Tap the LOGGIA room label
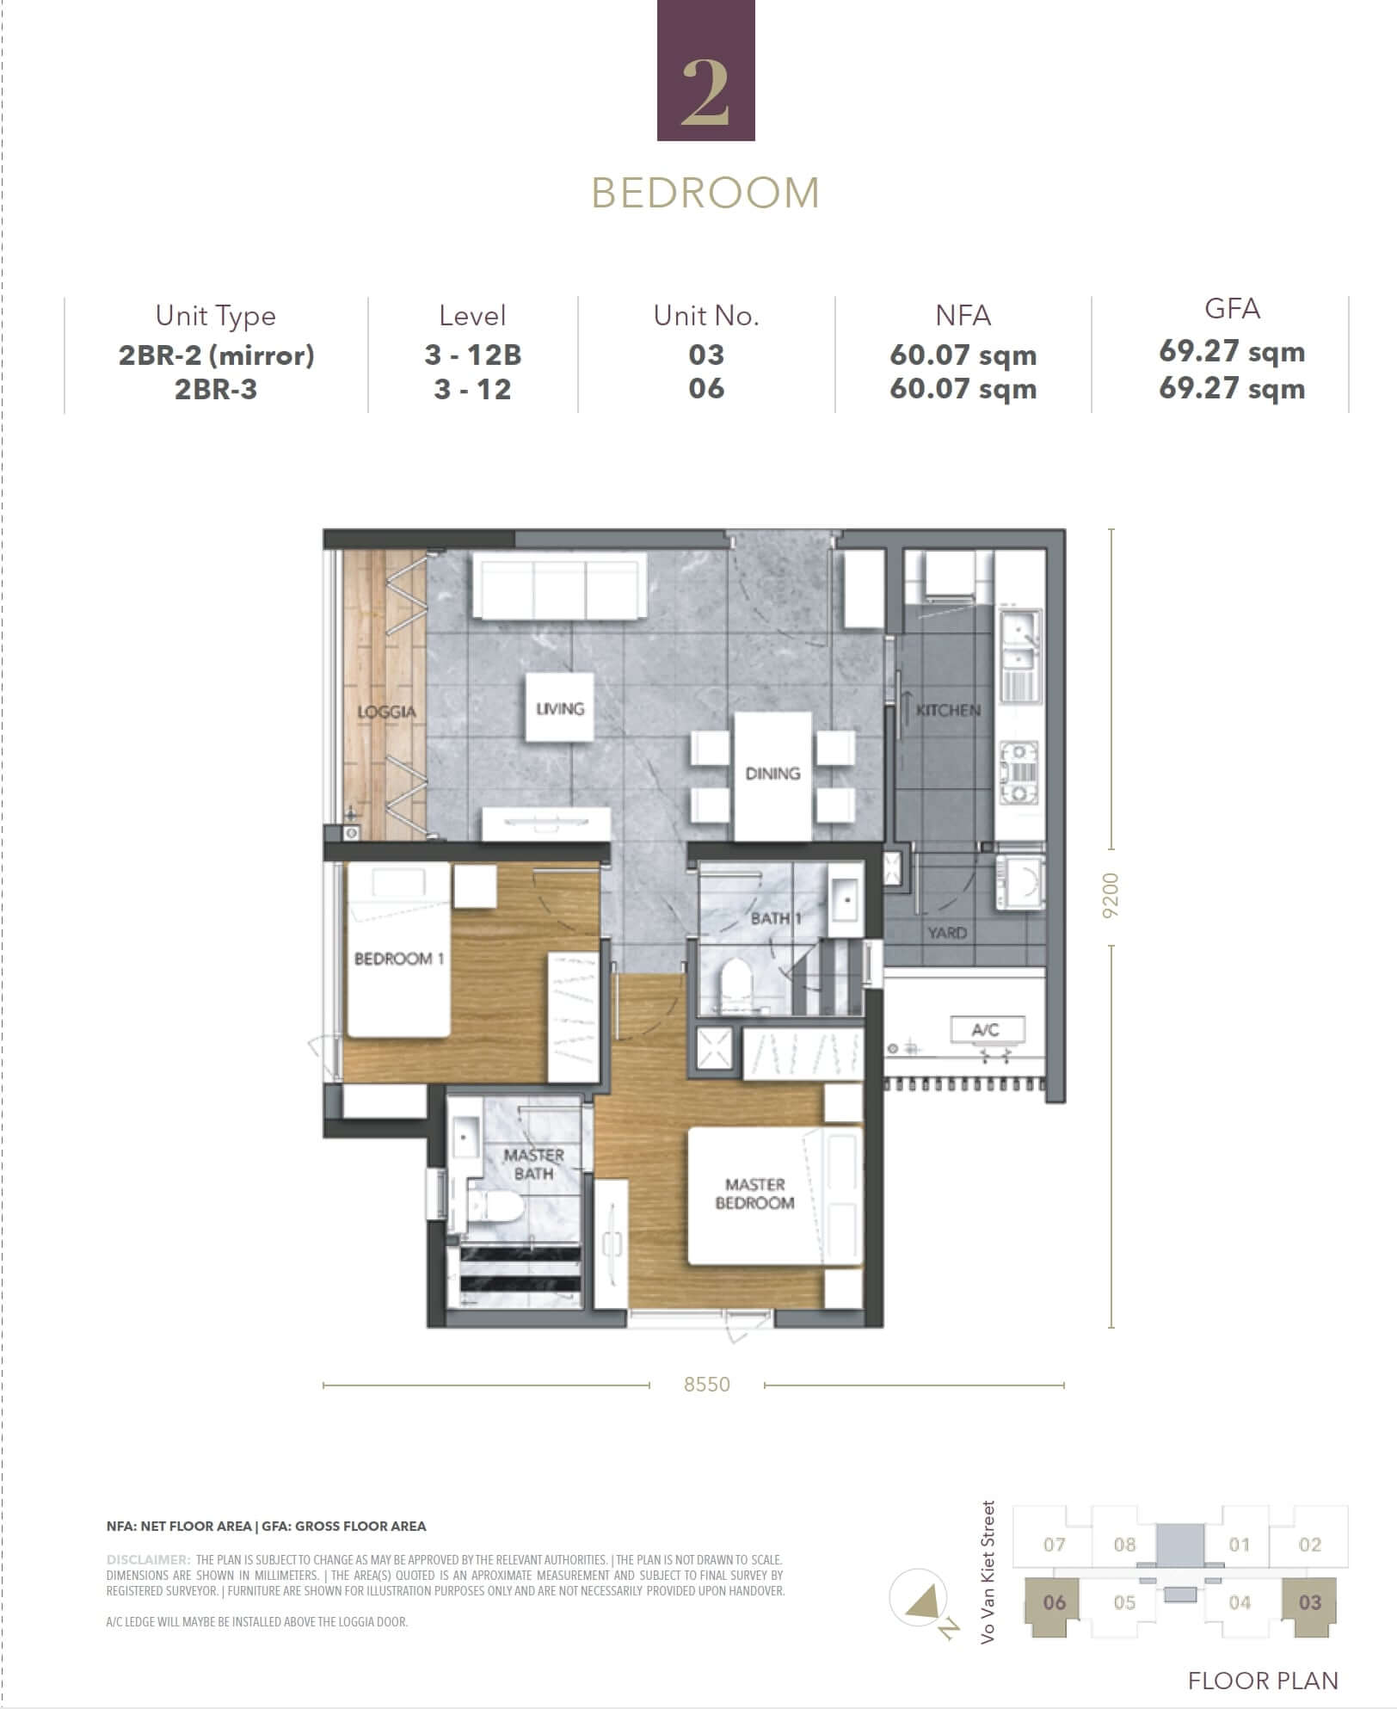click(x=386, y=712)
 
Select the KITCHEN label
click(x=947, y=710)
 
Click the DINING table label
click(x=772, y=774)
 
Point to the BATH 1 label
click(x=775, y=918)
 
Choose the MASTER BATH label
click(x=533, y=1164)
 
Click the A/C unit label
click(x=986, y=1029)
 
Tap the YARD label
click(x=946, y=933)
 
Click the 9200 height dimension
click(x=1111, y=895)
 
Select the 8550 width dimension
click(x=706, y=1385)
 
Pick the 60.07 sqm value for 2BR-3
click(x=963, y=389)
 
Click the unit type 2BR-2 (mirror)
click(x=216, y=355)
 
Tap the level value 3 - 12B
click(x=472, y=355)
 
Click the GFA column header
click(x=1231, y=309)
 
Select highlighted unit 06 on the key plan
click(x=1054, y=1602)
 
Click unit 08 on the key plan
click(x=1124, y=1545)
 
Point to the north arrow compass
click(x=918, y=1601)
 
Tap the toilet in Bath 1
click(x=736, y=981)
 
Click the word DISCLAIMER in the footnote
click(x=148, y=1559)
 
